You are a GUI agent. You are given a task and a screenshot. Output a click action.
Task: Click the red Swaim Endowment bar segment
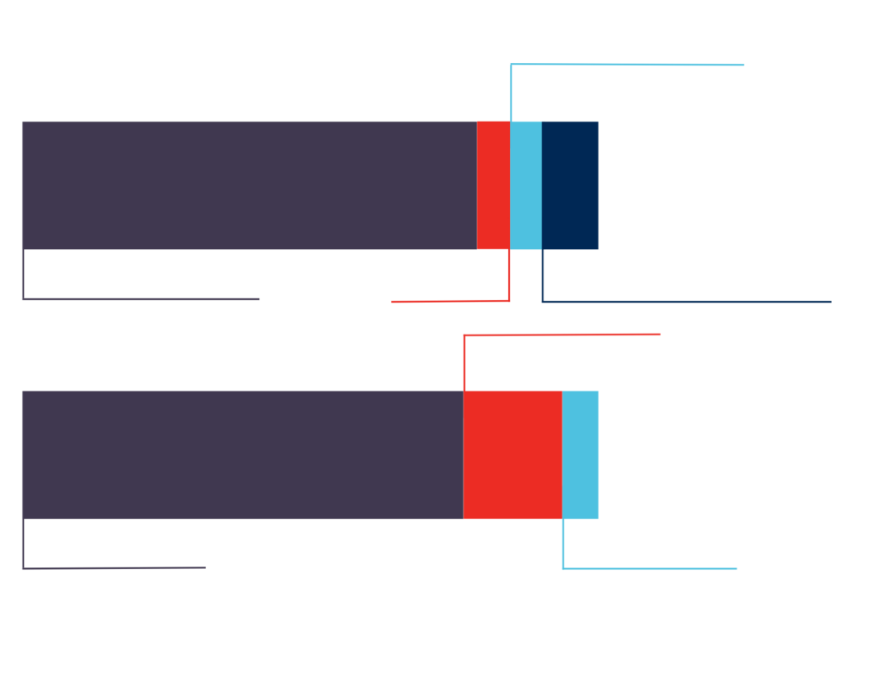click(493, 185)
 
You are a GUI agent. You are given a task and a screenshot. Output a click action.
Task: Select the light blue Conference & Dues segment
click(525, 185)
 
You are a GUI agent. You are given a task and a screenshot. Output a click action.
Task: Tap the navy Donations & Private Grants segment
click(570, 185)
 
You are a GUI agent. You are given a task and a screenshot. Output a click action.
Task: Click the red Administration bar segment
click(512, 454)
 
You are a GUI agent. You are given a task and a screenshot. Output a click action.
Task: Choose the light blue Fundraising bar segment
click(581, 454)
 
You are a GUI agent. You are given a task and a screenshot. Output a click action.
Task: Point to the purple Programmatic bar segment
click(241, 454)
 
